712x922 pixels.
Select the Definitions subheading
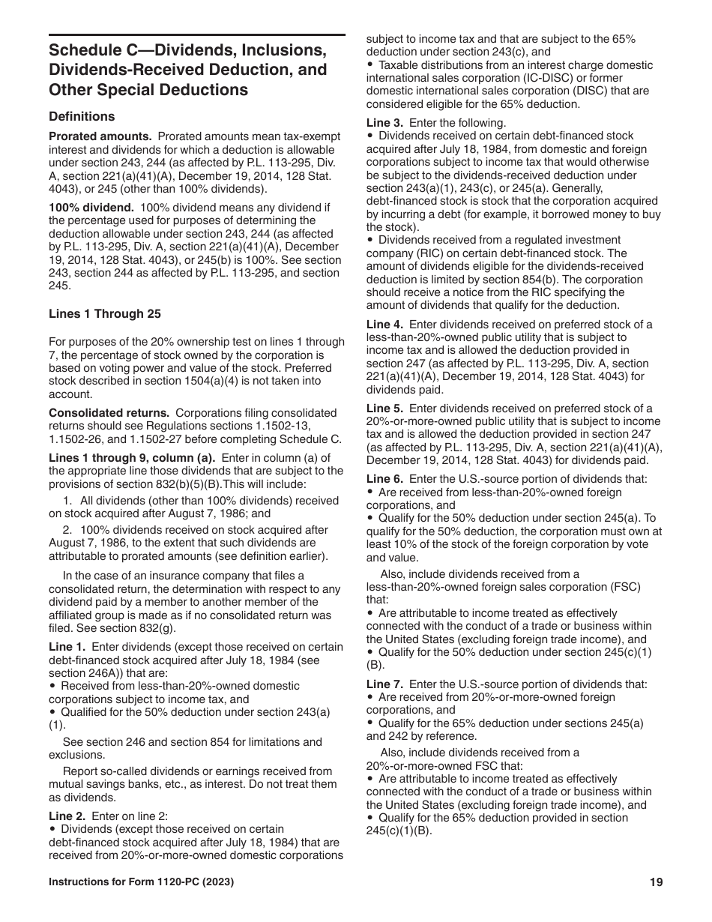[x=82, y=116]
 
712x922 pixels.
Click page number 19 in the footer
[x=657, y=882]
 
